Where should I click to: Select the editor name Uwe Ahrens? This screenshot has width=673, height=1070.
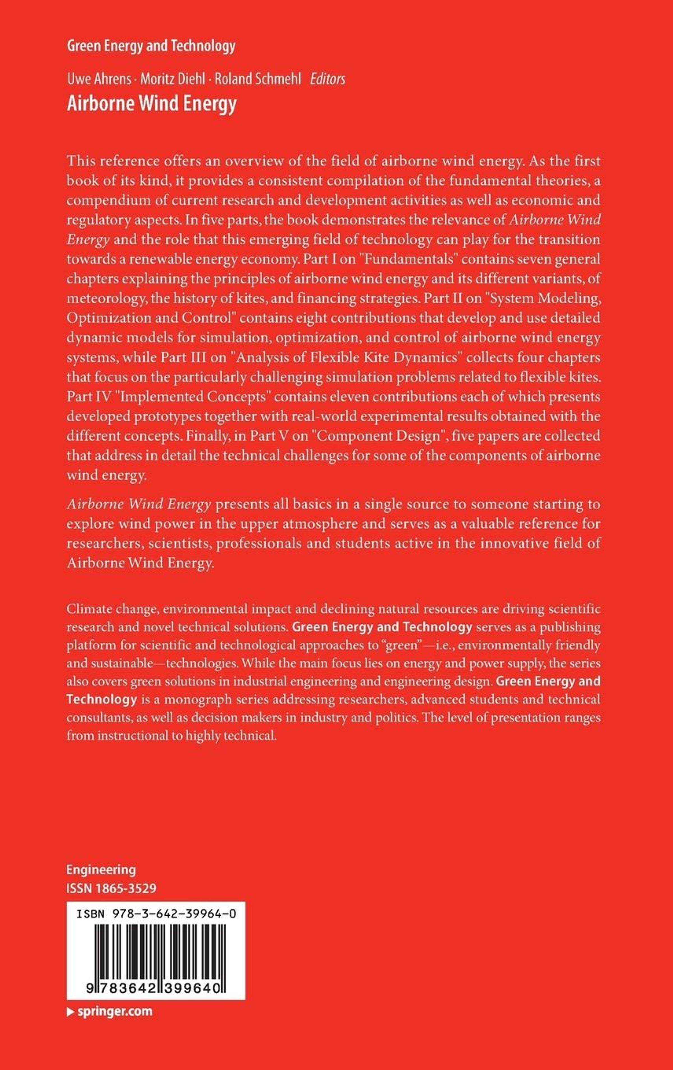tap(99, 79)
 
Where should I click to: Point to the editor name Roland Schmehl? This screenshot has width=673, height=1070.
tap(257, 79)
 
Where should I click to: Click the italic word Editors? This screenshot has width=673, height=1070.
tap(327, 79)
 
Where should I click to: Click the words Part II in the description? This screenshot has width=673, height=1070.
tap(445, 298)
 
